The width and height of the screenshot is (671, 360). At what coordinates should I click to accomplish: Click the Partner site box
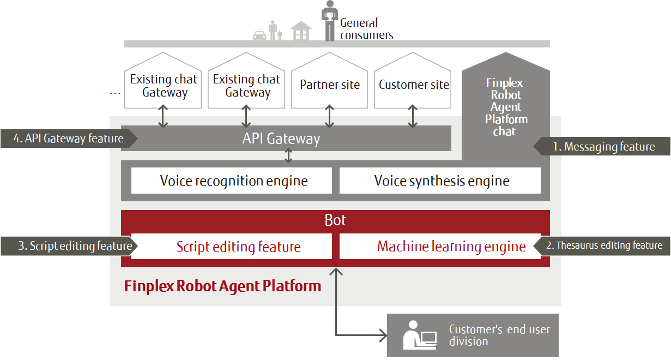(x=330, y=85)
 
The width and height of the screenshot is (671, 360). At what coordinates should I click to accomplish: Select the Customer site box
(x=414, y=85)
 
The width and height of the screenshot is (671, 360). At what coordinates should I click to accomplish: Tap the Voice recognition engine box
(x=233, y=181)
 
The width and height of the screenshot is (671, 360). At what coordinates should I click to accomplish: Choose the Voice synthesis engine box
(x=442, y=181)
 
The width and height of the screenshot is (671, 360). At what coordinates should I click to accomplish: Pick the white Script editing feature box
(x=238, y=247)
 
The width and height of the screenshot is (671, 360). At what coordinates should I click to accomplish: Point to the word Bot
(x=335, y=220)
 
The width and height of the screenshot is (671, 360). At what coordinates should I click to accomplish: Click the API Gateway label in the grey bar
(x=281, y=139)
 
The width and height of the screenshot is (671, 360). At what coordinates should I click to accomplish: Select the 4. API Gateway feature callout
(x=69, y=139)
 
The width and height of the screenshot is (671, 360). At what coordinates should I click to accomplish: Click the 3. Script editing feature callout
(x=68, y=246)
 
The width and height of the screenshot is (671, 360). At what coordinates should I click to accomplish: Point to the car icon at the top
(x=259, y=35)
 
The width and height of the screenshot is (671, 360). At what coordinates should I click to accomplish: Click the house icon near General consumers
(x=301, y=31)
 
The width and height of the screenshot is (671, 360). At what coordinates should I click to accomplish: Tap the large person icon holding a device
(x=329, y=21)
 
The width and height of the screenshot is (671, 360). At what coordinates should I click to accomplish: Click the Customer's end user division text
(x=499, y=335)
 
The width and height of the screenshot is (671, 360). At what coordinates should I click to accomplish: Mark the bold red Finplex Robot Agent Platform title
(x=222, y=286)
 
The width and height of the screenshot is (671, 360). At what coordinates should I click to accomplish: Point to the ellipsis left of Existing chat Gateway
(x=115, y=93)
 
